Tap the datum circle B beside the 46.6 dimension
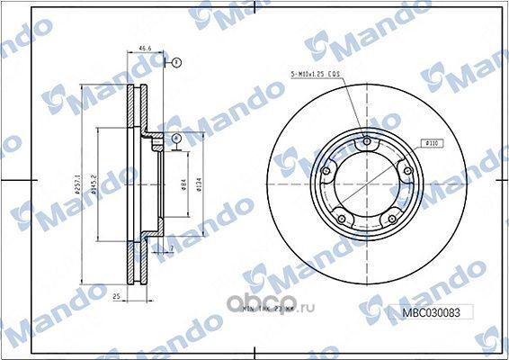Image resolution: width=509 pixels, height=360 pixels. click(x=176, y=62)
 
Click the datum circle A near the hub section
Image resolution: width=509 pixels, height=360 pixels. click(x=177, y=139)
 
